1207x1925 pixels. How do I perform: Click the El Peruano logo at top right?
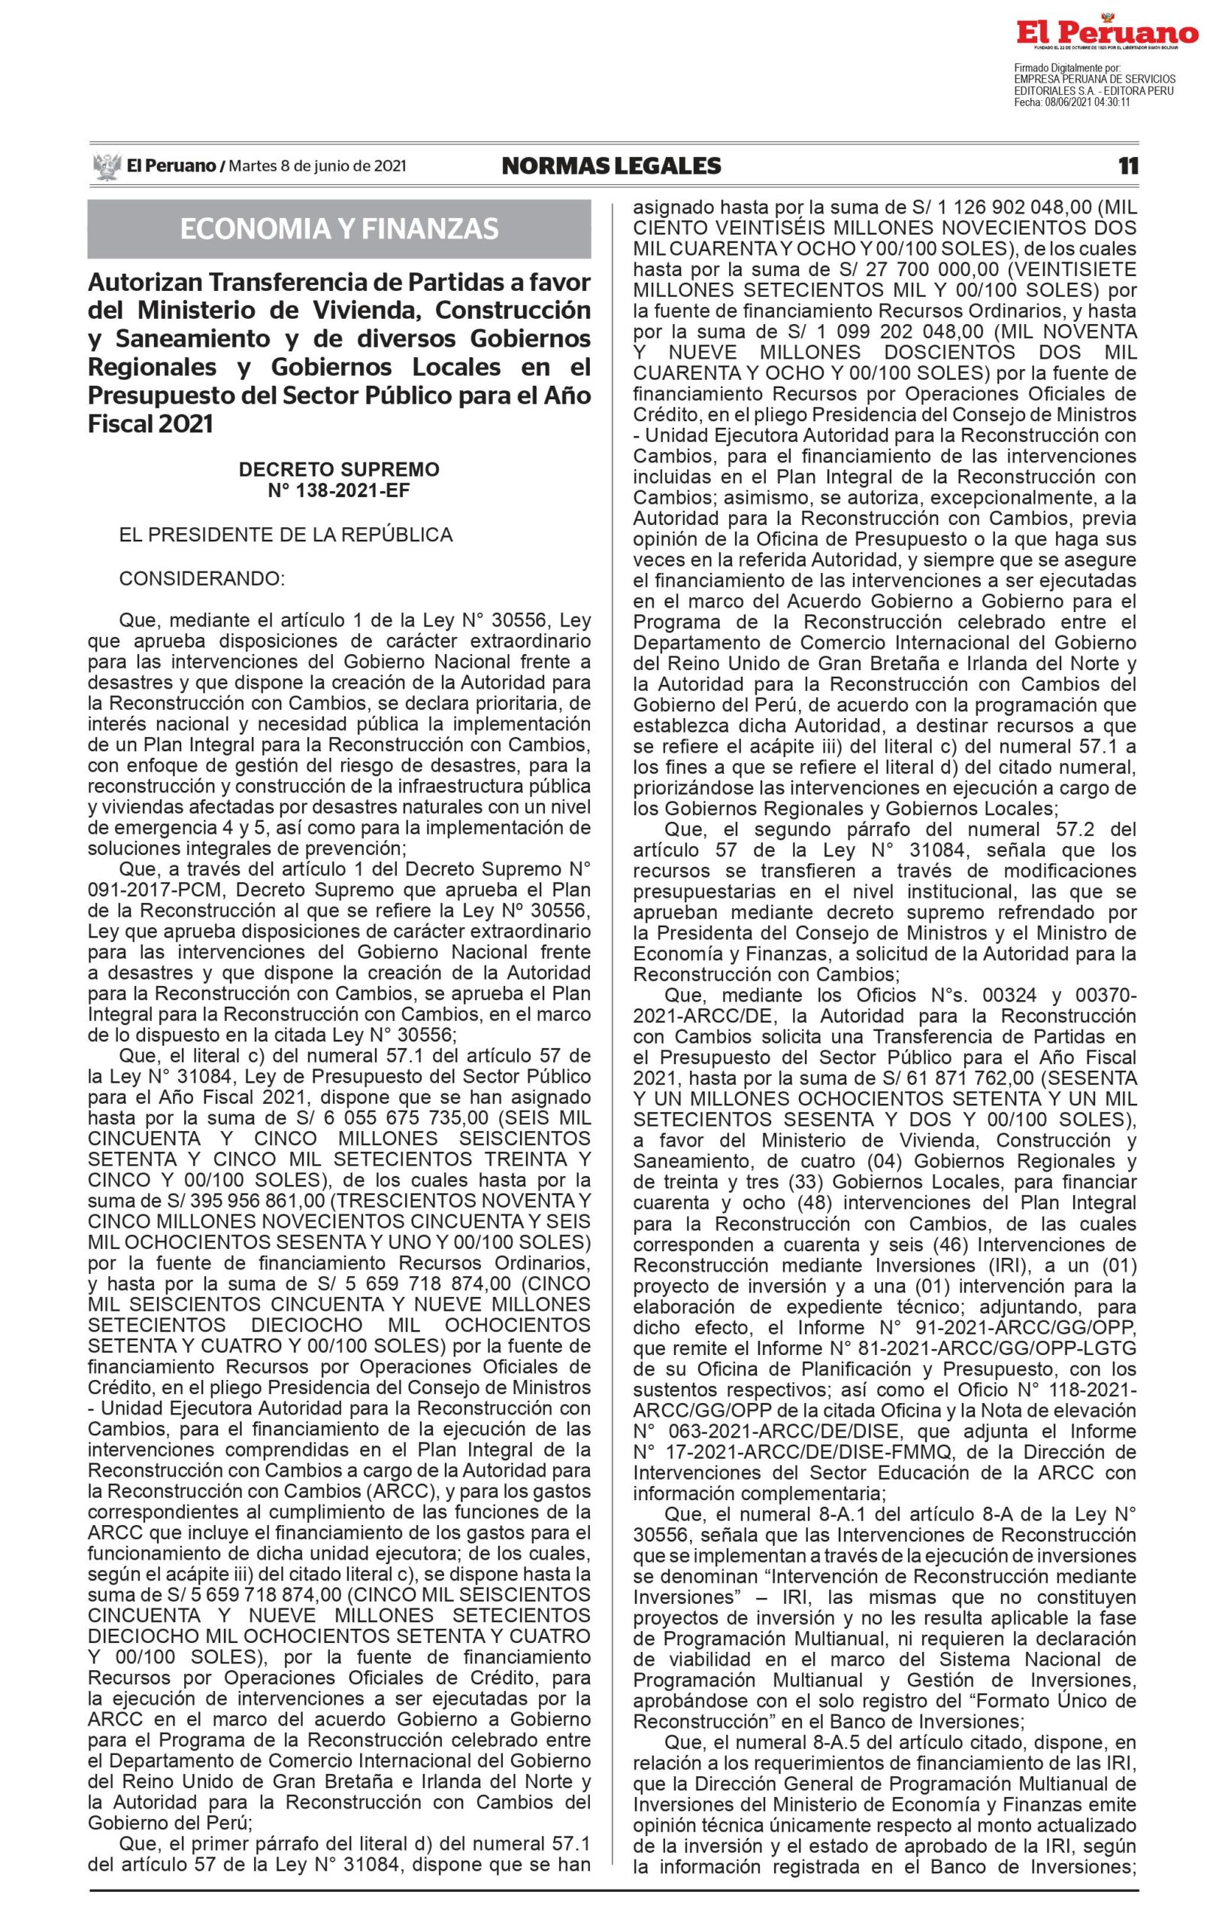click(1106, 33)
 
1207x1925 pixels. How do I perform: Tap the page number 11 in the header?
click(1128, 165)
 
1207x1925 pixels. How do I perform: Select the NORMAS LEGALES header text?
click(611, 165)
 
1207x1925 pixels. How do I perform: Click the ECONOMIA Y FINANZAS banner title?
click(339, 229)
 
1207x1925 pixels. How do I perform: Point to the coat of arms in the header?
click(106, 166)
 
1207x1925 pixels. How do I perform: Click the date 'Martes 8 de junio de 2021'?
click(318, 166)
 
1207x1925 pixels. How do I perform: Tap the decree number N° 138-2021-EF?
click(338, 490)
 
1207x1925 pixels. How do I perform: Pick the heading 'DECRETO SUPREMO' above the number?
click(338, 469)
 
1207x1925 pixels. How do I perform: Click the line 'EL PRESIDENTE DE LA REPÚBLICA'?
click(286, 535)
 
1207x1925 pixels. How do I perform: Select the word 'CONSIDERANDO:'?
click(202, 577)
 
